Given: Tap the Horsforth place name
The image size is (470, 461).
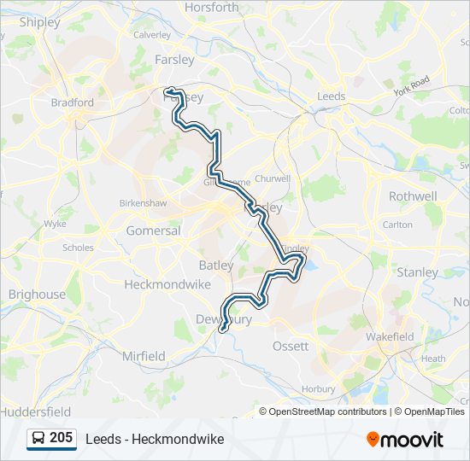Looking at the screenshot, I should click(212, 8).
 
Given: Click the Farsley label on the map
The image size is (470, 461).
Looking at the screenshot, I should click(174, 60).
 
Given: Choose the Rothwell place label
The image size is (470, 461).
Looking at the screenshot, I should click(413, 195).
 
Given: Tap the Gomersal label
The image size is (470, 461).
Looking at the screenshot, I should click(153, 230).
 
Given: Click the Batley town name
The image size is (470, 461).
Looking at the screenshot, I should click(215, 266).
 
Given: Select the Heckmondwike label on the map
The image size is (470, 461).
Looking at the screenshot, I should click(162, 283).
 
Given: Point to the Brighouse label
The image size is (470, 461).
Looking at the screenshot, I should click(37, 295).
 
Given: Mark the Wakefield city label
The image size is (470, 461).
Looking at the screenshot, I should click(390, 337).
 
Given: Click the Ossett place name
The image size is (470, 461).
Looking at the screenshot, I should click(290, 346).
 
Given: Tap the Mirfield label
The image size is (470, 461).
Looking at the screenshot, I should click(144, 356).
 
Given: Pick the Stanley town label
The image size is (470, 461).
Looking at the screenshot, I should click(418, 272).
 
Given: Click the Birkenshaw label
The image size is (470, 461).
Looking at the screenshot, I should click(142, 204).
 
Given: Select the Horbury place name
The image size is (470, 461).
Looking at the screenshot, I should click(319, 388).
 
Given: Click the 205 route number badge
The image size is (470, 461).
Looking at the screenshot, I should click(61, 438).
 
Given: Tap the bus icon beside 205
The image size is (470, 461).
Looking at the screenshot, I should click(38, 439).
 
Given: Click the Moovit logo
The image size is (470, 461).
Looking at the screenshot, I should click(405, 440).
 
